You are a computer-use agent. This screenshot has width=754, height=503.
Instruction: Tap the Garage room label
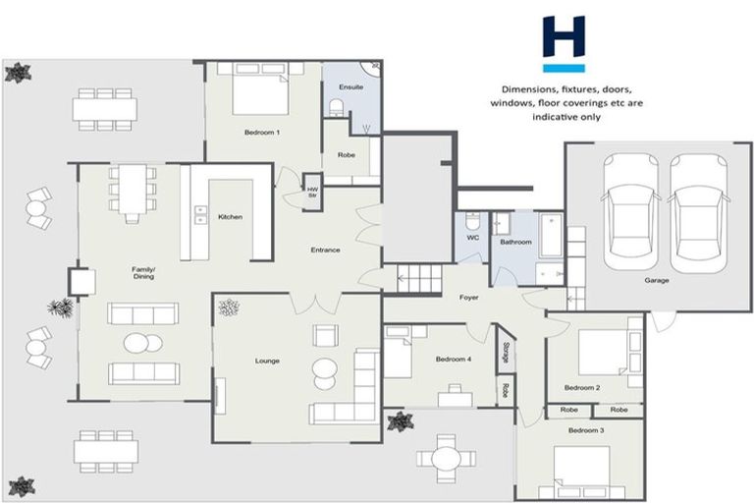(x=656, y=281)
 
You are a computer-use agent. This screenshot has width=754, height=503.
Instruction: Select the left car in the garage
(x=632, y=210)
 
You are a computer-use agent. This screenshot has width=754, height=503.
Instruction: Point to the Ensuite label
(x=351, y=87)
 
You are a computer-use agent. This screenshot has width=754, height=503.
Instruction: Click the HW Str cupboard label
(x=313, y=192)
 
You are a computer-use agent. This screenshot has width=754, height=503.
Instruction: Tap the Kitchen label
(x=230, y=217)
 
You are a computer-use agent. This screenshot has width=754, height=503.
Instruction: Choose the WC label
(x=471, y=237)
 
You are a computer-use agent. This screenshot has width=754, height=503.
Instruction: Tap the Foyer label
(x=468, y=296)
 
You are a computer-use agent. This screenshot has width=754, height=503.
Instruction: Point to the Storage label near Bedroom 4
(x=506, y=352)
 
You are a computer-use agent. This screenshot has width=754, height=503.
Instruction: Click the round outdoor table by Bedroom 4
(x=446, y=458)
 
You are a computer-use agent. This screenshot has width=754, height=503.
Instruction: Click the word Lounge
(x=267, y=361)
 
